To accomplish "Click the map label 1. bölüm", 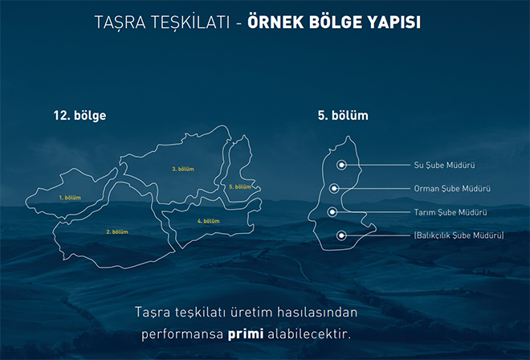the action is click(x=70, y=198).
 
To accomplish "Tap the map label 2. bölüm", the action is click(x=117, y=231).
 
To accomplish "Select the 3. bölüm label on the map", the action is click(x=183, y=169).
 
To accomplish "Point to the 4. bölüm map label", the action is click(x=209, y=221).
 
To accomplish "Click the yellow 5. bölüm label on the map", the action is click(x=240, y=186).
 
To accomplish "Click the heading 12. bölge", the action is click(x=79, y=116).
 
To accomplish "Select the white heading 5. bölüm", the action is click(x=343, y=116).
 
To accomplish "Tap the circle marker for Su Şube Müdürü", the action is click(x=341, y=165).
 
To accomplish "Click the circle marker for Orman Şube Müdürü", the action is click(x=334, y=188).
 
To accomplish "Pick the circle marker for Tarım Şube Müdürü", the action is click(x=332, y=212).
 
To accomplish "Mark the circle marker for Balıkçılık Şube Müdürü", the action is click(x=341, y=235).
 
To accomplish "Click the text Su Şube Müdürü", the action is click(x=445, y=165).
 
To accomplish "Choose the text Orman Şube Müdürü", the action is click(x=452, y=189).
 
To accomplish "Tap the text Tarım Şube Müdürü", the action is click(x=450, y=212).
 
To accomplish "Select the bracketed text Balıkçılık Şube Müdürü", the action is click(x=459, y=235).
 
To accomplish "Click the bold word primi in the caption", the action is click(x=246, y=334).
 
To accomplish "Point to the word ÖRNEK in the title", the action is click(x=275, y=22).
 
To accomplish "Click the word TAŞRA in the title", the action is click(x=120, y=22).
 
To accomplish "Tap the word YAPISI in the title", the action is click(x=394, y=22).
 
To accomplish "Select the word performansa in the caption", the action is click(x=182, y=334).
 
